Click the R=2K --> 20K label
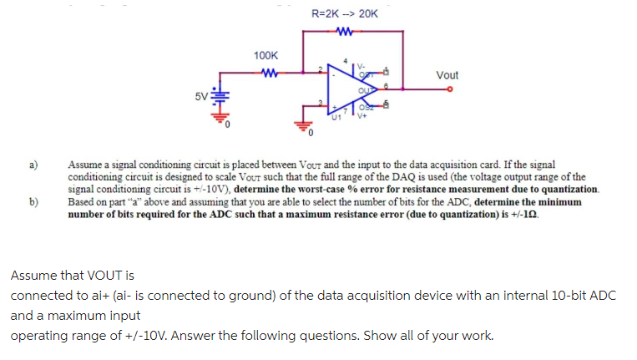(344, 14)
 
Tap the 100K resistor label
(265, 55)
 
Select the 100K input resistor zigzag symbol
(268, 71)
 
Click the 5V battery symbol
(218, 98)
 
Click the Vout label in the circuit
(447, 75)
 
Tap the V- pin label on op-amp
(361, 66)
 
